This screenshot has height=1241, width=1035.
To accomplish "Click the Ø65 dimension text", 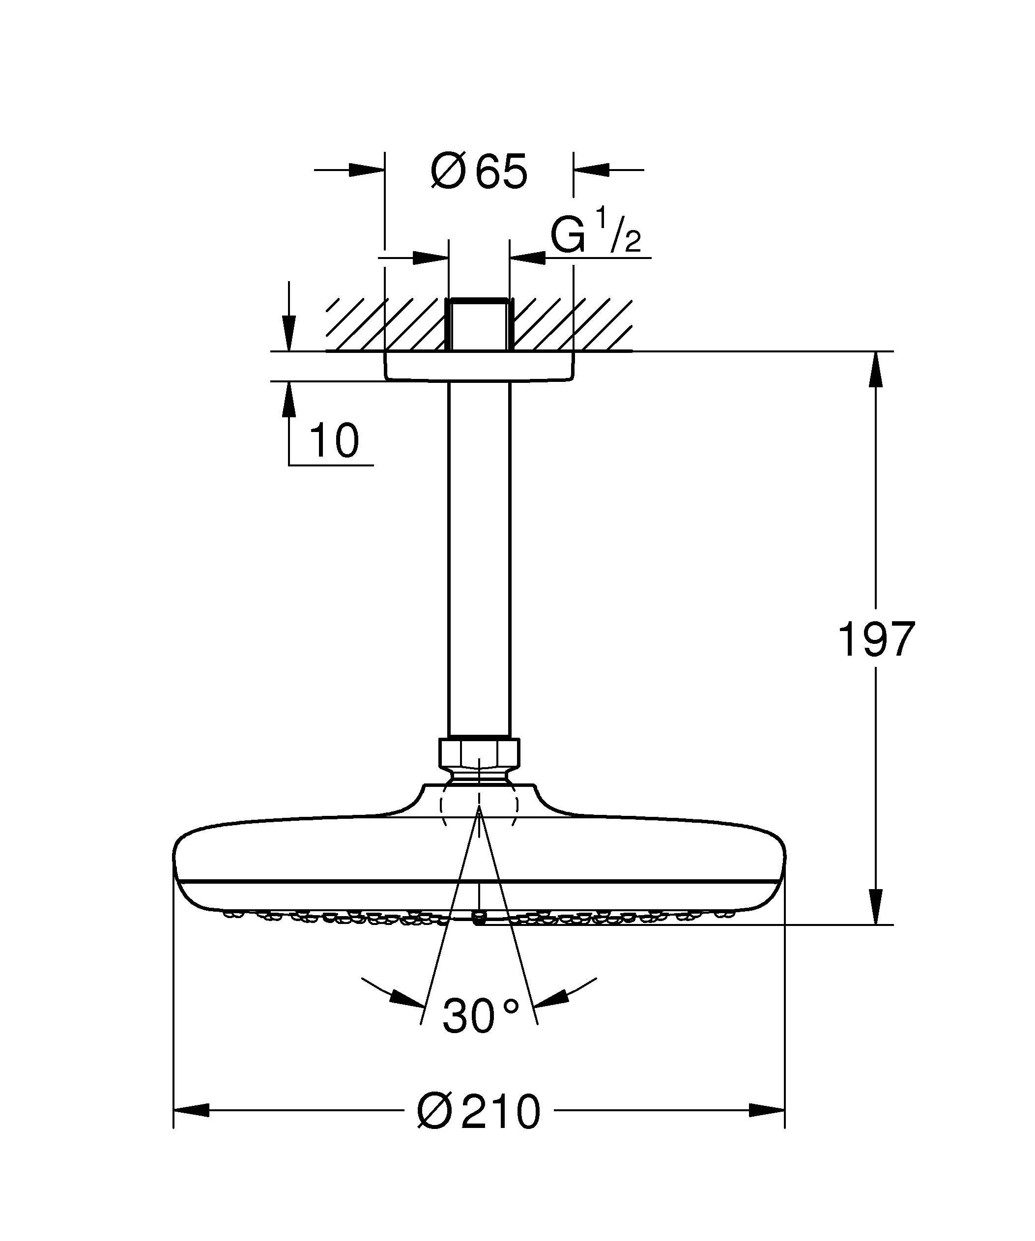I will [479, 172].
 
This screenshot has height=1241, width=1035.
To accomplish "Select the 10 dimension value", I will [334, 441].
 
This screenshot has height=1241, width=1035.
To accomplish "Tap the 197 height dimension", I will [876, 639].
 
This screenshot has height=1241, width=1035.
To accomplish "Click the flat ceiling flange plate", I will [479, 366].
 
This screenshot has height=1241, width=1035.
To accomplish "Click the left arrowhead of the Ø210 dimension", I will [192, 1110].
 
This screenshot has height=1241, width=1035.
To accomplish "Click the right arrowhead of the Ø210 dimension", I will [766, 1110].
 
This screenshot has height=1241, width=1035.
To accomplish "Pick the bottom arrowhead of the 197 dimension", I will [876, 907].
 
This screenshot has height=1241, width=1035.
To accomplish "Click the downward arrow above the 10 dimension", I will [288, 334].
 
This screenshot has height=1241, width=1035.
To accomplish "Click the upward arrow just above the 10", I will [288, 400].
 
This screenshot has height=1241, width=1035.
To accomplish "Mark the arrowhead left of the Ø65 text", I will [366, 170].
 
